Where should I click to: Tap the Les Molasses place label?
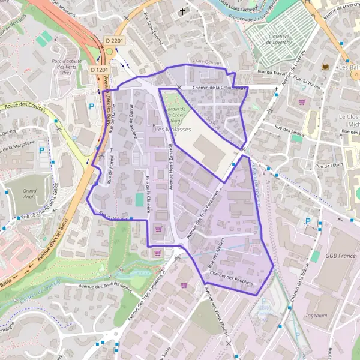pos(168,129)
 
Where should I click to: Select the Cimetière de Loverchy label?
pos(275,40)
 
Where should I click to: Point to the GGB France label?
pos(340,256)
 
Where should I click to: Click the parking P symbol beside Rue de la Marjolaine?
pos(41,150)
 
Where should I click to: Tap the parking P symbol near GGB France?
pos(308,221)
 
